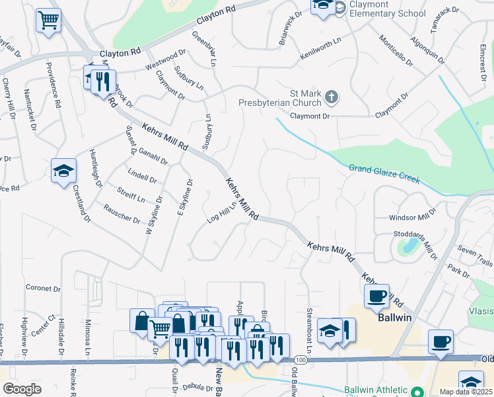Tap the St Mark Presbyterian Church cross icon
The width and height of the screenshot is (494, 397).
point(332,99)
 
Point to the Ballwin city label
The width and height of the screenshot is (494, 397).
point(395,318)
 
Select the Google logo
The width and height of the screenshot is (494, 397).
point(22,389)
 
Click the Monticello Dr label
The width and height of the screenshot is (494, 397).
point(395,52)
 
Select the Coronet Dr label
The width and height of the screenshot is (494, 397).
point(43,288)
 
